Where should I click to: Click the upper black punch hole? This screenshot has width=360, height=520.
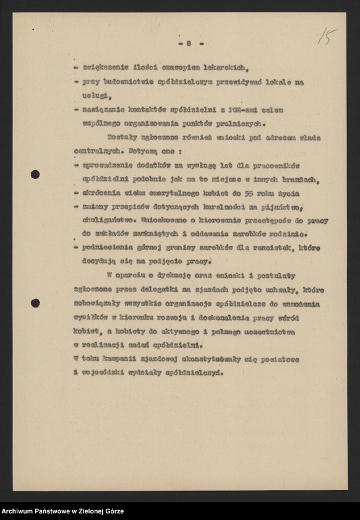pyautogui.click(x=35, y=175)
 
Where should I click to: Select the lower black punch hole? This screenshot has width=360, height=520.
pyautogui.click(x=35, y=303)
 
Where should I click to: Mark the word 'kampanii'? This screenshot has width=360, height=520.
pyautogui.click(x=122, y=358)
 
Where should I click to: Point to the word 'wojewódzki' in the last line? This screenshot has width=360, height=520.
pyautogui.click(x=104, y=372)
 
